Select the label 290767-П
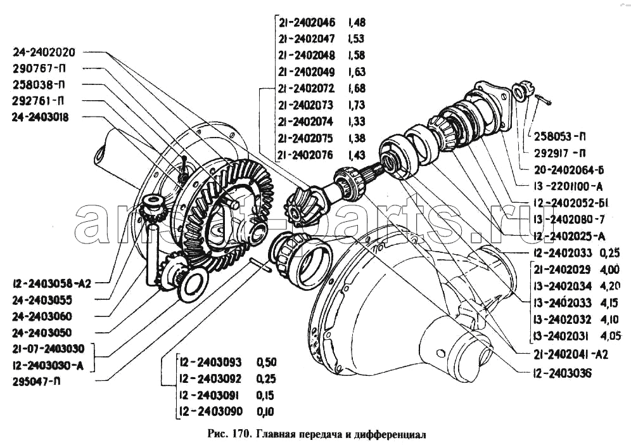[x=40, y=68]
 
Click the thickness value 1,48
[x=356, y=22]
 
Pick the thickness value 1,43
[x=356, y=154]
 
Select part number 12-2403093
[x=210, y=363]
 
